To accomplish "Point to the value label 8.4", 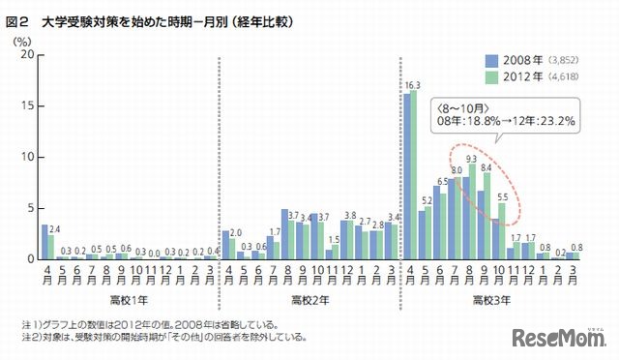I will tap(486, 167).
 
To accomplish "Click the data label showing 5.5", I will tap(501, 196).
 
